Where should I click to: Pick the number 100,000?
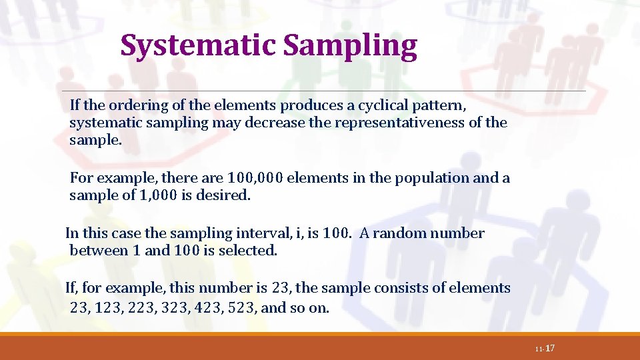pos(255,178)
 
